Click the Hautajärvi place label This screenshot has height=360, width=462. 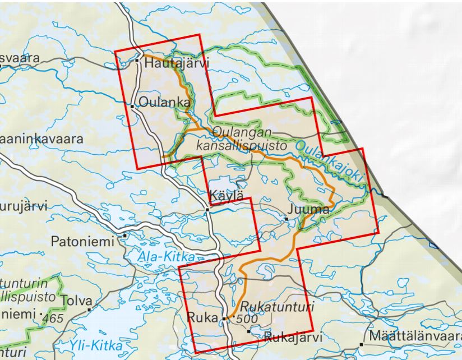[176, 64]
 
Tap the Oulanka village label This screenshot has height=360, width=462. [164, 103]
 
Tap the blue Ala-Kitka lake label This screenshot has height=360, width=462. [166, 257]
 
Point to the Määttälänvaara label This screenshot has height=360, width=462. [415, 337]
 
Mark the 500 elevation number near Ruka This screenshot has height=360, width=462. [247, 319]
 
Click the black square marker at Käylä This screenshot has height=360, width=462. [207, 210]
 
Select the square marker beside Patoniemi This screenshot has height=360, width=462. [124, 236]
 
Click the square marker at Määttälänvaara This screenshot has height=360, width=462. [362, 345]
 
